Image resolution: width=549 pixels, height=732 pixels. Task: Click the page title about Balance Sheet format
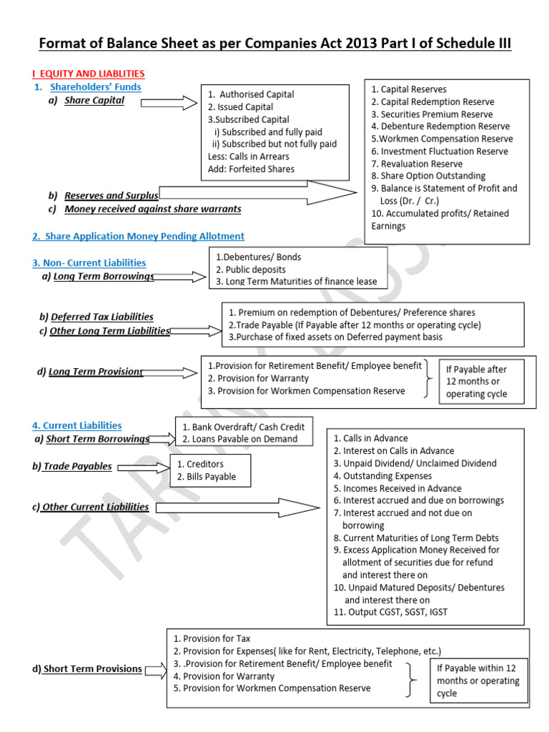point(274,44)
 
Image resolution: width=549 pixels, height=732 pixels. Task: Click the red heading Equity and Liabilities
point(89,74)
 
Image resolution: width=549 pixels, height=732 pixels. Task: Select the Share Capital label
point(94,100)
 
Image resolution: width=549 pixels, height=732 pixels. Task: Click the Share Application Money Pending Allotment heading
point(138,236)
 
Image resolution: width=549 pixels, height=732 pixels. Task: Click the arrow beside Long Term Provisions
point(171,372)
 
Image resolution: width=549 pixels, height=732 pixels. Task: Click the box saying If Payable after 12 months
point(481,382)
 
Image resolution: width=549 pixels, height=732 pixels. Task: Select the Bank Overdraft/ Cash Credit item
point(243,427)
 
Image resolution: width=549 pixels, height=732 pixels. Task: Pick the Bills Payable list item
point(206,477)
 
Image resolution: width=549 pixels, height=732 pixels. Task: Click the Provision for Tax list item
point(212,638)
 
